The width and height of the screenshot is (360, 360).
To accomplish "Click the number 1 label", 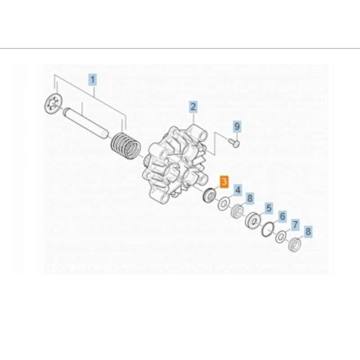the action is (x=93, y=80).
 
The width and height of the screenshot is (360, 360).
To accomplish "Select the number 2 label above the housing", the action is (x=193, y=107).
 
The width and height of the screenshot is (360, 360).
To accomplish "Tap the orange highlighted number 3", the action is (x=224, y=182).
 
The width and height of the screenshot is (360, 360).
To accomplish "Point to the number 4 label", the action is (x=238, y=190).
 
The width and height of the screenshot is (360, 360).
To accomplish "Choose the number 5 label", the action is (x=269, y=208).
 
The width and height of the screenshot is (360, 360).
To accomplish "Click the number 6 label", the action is (x=282, y=216).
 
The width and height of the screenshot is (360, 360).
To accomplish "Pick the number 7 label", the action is (x=295, y=225).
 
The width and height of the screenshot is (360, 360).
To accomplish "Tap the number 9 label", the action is (x=237, y=126).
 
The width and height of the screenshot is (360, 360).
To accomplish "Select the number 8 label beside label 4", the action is (x=250, y=198).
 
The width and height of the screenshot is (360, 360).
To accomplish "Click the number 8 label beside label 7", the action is (x=308, y=231).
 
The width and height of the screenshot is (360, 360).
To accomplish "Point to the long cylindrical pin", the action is (x=85, y=123).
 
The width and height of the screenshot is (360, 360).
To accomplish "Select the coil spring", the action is (x=126, y=146).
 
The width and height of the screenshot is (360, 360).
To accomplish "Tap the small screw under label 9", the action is (x=234, y=143).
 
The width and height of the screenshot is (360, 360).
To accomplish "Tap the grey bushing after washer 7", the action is (x=294, y=245).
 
